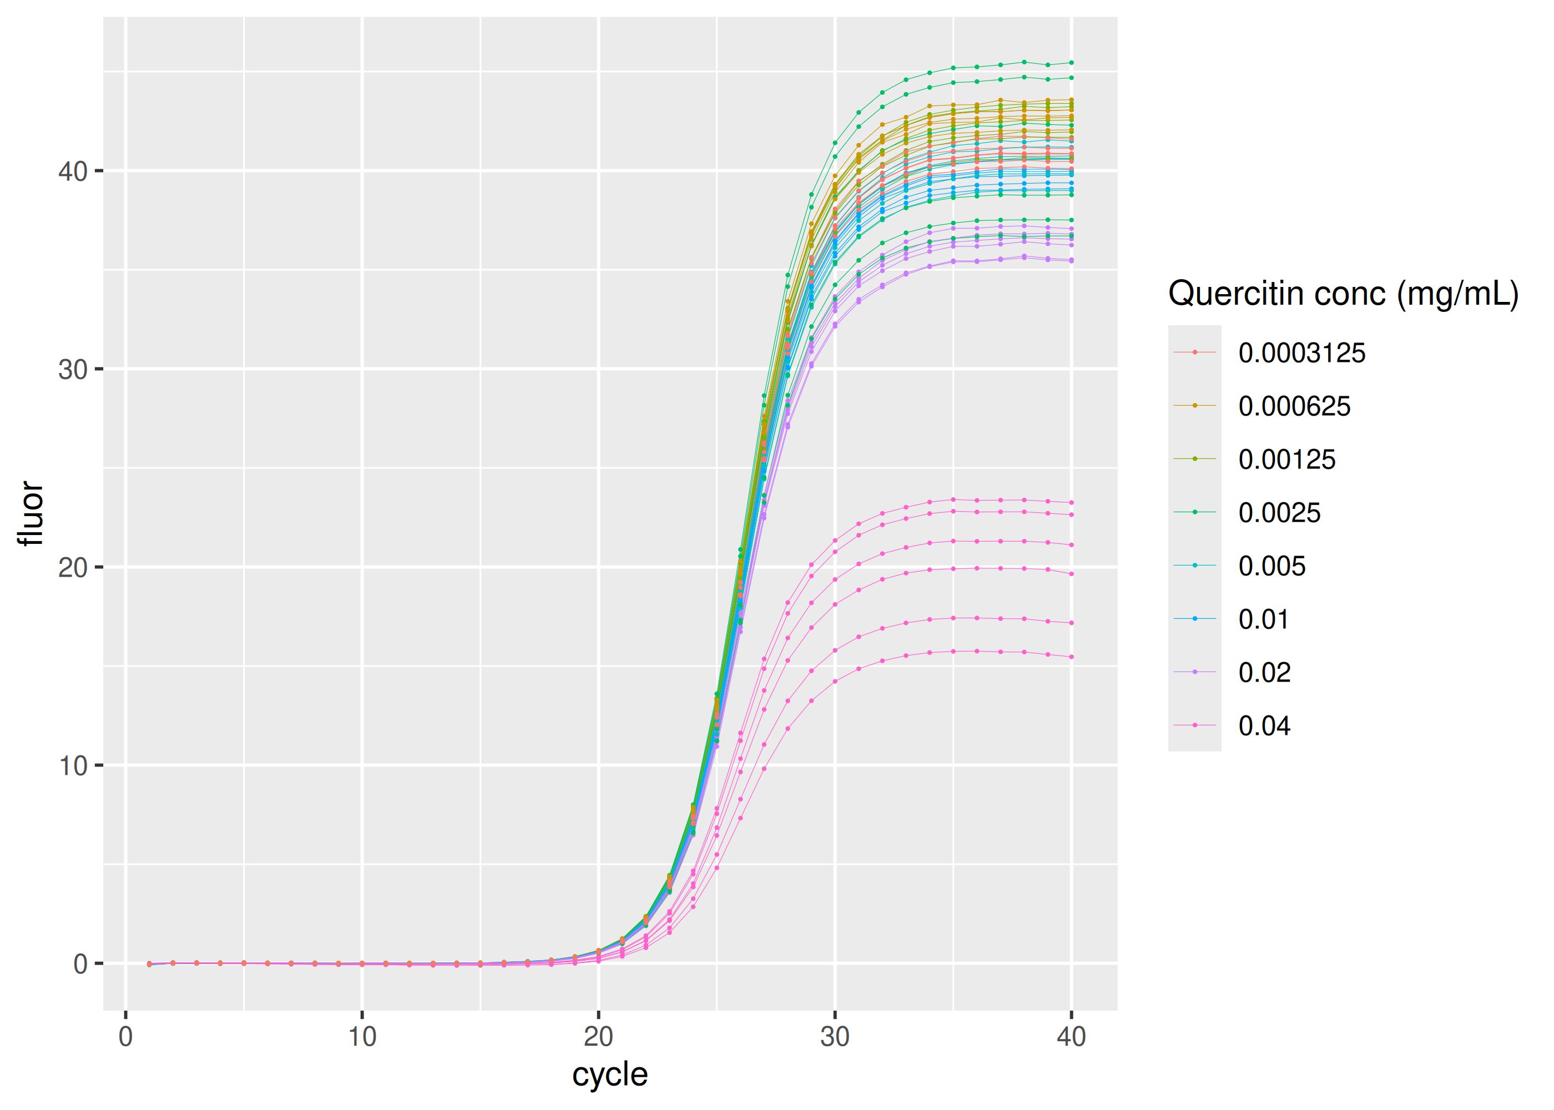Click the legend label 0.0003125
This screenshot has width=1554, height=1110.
(x=1301, y=354)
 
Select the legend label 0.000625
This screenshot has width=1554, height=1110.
(x=1294, y=407)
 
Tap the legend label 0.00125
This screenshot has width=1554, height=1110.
(x=1286, y=460)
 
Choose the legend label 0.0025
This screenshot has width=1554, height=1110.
(x=1279, y=513)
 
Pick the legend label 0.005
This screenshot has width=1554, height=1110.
(x=1271, y=567)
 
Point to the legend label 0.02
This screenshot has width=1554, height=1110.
(x=1264, y=673)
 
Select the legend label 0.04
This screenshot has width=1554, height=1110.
(x=1264, y=726)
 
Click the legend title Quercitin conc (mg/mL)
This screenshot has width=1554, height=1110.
(x=1343, y=294)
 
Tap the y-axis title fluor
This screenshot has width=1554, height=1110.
(x=30, y=513)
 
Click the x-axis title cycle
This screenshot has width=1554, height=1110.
(x=609, y=1074)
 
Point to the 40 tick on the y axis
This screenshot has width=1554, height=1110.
(x=73, y=171)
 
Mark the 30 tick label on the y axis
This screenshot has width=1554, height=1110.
(x=73, y=370)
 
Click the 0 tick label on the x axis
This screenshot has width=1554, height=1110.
(x=126, y=1037)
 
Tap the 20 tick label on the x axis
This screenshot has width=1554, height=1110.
(x=599, y=1037)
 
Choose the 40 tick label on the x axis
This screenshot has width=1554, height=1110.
(x=1071, y=1037)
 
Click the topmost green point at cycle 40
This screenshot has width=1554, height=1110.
(x=1071, y=63)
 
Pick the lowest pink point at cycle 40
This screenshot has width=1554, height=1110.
(x=1071, y=657)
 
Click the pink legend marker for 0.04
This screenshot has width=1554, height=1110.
(x=1194, y=725)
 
